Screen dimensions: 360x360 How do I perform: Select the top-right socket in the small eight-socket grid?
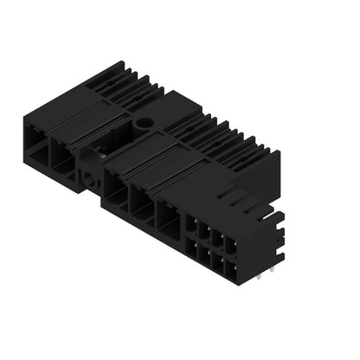[229, 245]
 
